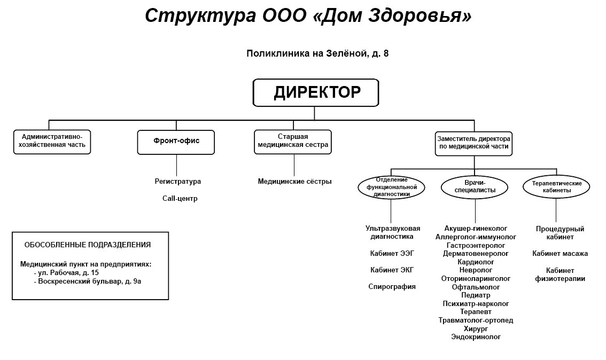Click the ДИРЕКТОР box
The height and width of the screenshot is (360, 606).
(x=316, y=93)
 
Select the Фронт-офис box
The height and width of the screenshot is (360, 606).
(x=176, y=142)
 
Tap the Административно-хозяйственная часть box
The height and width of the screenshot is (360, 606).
(x=52, y=142)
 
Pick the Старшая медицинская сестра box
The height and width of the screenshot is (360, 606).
(x=293, y=142)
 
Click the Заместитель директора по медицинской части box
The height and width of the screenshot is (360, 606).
(x=474, y=143)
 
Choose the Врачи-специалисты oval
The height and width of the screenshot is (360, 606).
(x=475, y=187)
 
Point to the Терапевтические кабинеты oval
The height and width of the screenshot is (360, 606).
(x=556, y=187)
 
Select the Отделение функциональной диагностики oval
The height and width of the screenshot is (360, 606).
(x=392, y=187)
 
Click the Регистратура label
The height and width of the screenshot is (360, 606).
(x=178, y=182)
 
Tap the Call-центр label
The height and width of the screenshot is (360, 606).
(x=180, y=199)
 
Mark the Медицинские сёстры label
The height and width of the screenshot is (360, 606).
(x=295, y=182)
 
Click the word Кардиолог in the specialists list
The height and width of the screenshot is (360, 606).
(x=476, y=262)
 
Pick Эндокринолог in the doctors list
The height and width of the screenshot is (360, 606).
(x=476, y=337)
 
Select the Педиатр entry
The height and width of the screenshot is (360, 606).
(x=476, y=295)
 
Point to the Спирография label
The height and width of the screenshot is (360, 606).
(x=392, y=287)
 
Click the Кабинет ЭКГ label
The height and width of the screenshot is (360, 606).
(x=392, y=270)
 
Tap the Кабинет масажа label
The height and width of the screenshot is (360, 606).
(x=560, y=254)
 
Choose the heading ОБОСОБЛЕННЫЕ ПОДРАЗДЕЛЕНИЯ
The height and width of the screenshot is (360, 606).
(x=88, y=245)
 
